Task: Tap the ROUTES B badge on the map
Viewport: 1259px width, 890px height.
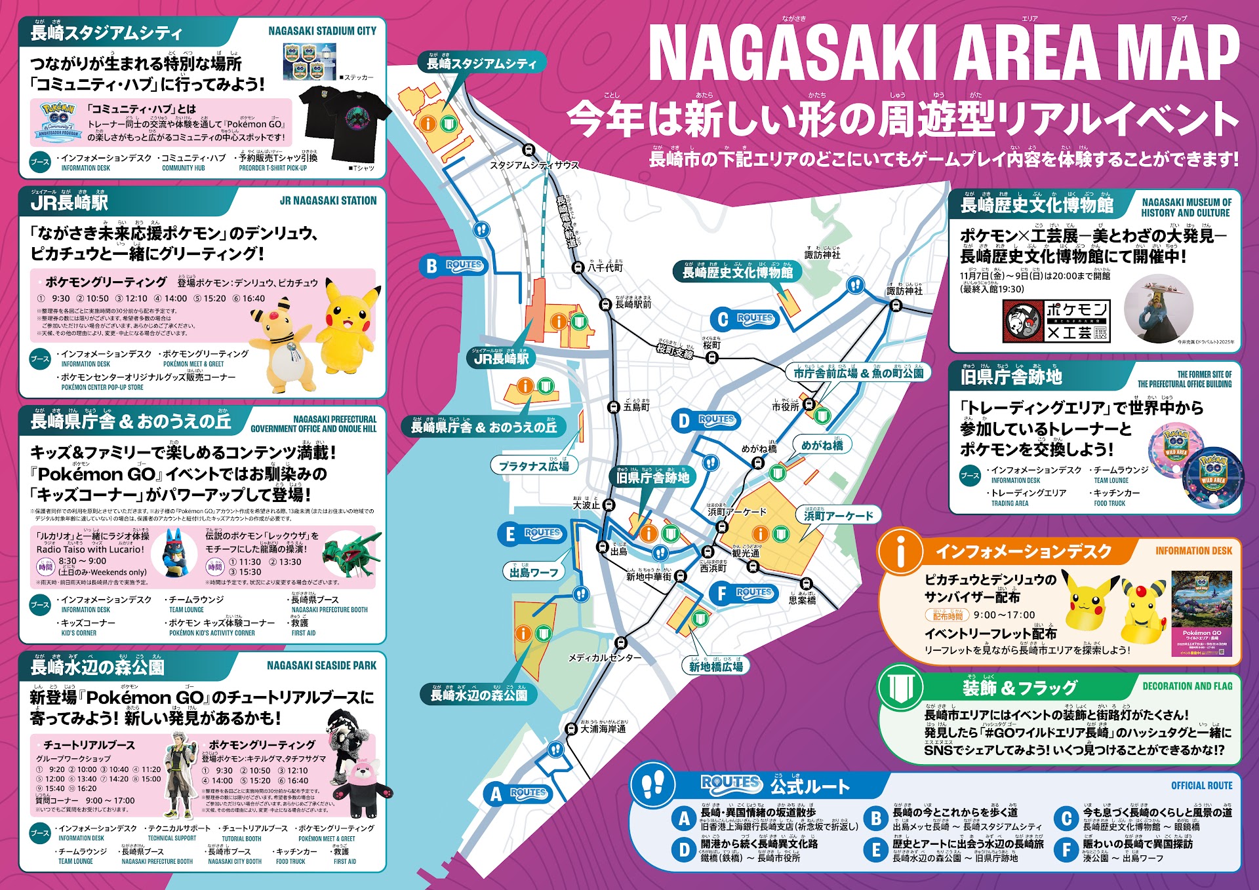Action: pyautogui.click(x=452, y=265)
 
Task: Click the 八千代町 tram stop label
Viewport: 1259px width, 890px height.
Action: pyautogui.click(x=605, y=267)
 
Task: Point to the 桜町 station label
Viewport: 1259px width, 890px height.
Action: pyautogui.click(x=711, y=345)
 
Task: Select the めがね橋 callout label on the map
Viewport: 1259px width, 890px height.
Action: pyautogui.click(x=822, y=445)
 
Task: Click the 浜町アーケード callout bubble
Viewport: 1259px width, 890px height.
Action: pyautogui.click(x=838, y=515)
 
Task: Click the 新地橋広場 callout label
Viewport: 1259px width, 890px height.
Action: pyautogui.click(x=715, y=667)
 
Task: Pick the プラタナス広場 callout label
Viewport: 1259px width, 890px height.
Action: pyautogui.click(x=534, y=466)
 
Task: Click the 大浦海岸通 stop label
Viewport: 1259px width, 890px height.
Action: pyautogui.click(x=603, y=728)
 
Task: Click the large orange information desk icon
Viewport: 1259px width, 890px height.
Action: pyautogui.click(x=900, y=551)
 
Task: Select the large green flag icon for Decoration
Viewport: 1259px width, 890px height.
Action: pyautogui.click(x=900, y=687)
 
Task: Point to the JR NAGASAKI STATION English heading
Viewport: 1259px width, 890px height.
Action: pyautogui.click(x=328, y=201)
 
